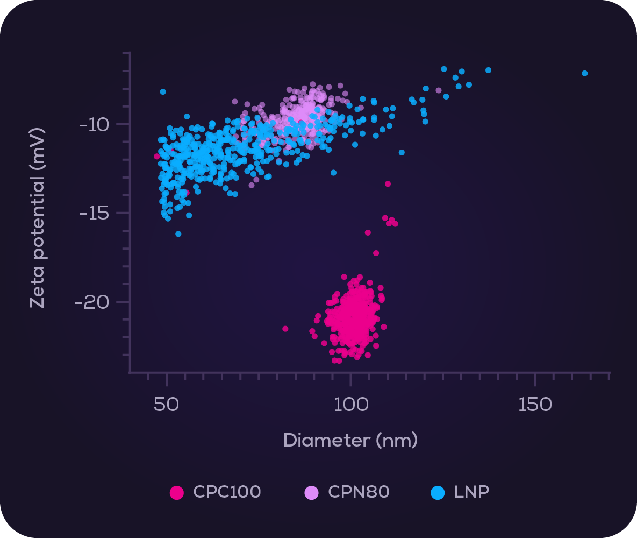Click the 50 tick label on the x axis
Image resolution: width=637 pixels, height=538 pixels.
point(167,405)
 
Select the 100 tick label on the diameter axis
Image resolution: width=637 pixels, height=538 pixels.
point(350,405)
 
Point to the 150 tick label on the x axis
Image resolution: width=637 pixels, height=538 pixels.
point(535,405)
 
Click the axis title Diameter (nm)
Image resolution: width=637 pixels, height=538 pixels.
point(350,440)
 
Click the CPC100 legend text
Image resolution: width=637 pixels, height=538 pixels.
point(227,492)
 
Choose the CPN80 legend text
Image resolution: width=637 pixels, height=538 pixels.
point(359,492)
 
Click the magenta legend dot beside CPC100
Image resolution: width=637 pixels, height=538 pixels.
point(177,492)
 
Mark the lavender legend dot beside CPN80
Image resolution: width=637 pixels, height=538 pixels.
point(312,492)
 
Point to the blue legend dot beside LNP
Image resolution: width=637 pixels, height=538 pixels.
point(438,492)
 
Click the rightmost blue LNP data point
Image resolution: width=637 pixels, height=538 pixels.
point(585,73)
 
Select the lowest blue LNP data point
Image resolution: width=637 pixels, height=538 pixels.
point(178,234)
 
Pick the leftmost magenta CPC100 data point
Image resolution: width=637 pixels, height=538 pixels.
point(157,157)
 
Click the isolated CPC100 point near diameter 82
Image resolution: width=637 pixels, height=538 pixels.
point(285,329)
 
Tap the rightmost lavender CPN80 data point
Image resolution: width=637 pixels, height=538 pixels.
point(439,90)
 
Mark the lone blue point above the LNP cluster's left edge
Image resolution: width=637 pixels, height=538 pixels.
point(163,92)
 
